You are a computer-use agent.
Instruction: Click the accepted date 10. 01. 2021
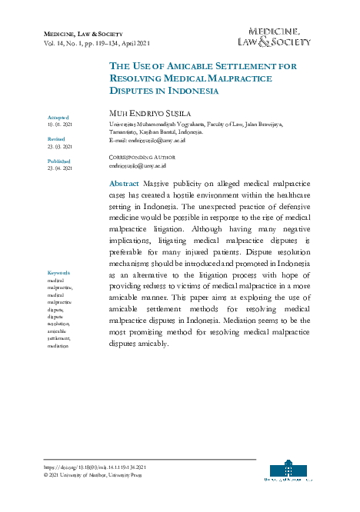coord(60,124)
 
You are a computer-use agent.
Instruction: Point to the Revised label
coord(56,138)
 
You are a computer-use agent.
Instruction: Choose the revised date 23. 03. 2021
coord(60,145)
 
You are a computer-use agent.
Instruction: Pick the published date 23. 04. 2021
coord(60,168)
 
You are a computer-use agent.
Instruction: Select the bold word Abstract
coord(125,185)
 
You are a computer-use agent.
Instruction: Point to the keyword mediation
coord(58,347)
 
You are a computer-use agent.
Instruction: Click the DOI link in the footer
coord(93,467)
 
